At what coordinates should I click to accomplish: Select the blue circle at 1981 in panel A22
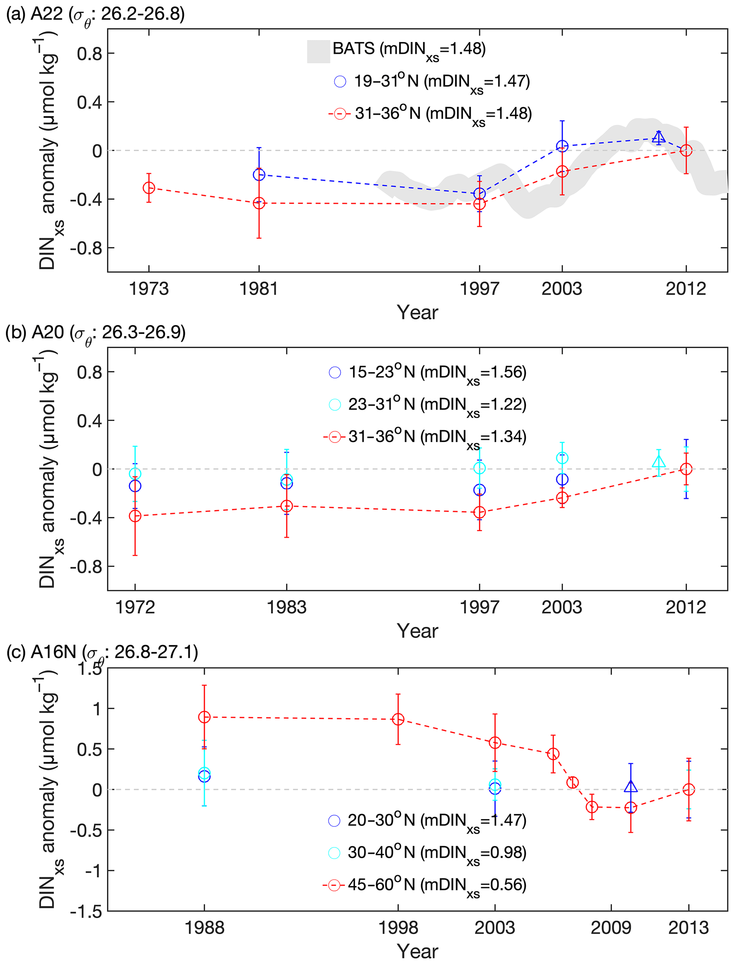(259, 175)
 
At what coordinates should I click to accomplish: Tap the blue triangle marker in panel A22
(659, 137)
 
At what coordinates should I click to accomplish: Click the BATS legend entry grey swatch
(319, 52)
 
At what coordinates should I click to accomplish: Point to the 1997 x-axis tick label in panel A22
(479, 289)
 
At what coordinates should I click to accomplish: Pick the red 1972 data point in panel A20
(135, 516)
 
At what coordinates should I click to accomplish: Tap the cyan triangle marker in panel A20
(659, 462)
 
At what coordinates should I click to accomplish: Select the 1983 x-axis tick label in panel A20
(287, 607)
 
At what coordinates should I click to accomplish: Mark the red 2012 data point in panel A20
(686, 469)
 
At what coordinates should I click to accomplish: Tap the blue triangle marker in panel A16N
(631, 786)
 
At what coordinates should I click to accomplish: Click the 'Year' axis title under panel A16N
(417, 951)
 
